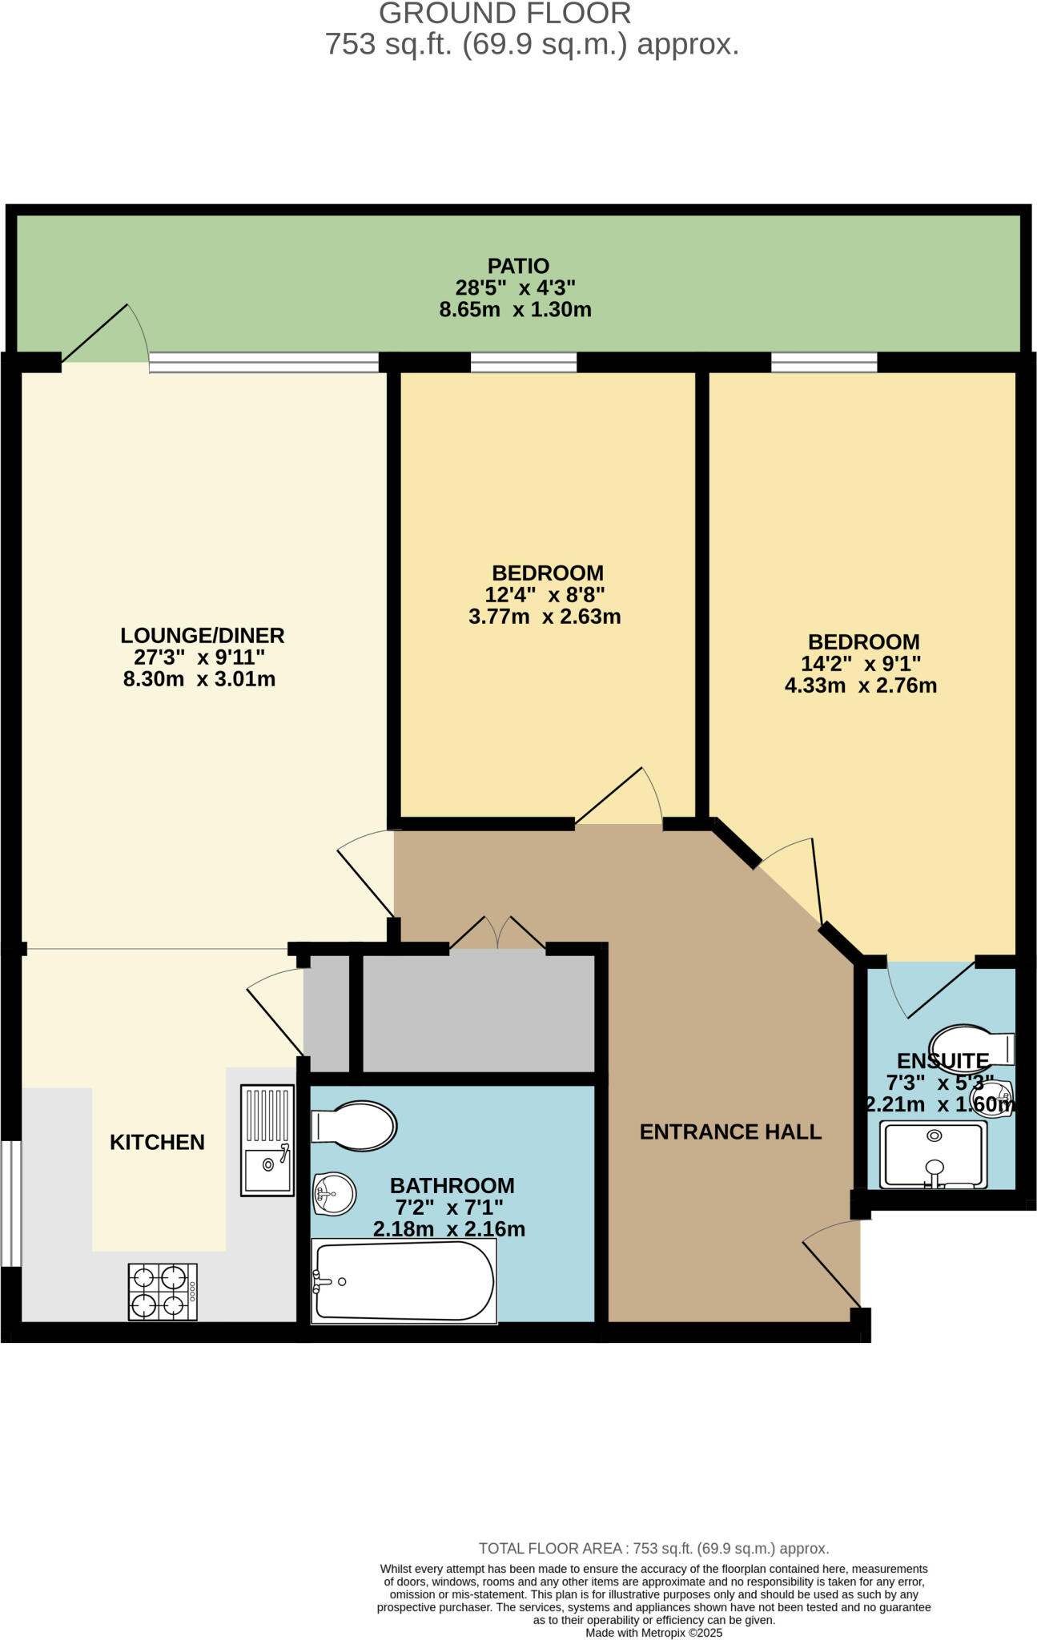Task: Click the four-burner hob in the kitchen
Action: [x=163, y=1292]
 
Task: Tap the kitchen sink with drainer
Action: [x=267, y=1141]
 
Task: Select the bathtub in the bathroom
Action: [x=403, y=1281]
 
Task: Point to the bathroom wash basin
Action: [x=334, y=1194]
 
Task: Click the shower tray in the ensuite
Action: [x=933, y=1154]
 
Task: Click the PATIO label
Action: [x=518, y=266]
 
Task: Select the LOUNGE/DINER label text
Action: [x=202, y=636]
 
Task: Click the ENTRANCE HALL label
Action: [x=730, y=1132]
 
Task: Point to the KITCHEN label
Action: [x=157, y=1142]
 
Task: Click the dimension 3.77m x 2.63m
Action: [x=545, y=617]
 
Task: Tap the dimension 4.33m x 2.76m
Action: [x=860, y=685]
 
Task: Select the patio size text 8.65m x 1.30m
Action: [x=515, y=309]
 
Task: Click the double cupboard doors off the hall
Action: [x=497, y=935]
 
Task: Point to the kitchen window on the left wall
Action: [x=10, y=1204]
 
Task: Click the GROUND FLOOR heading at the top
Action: [x=504, y=14]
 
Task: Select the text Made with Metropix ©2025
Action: [x=653, y=1632]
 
